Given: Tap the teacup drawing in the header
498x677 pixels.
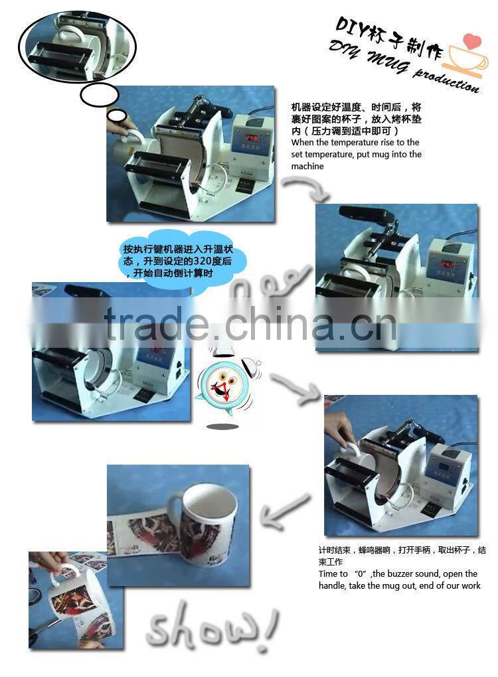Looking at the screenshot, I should pos(463,58).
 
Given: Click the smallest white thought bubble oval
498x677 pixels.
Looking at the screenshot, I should pos(117,117).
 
